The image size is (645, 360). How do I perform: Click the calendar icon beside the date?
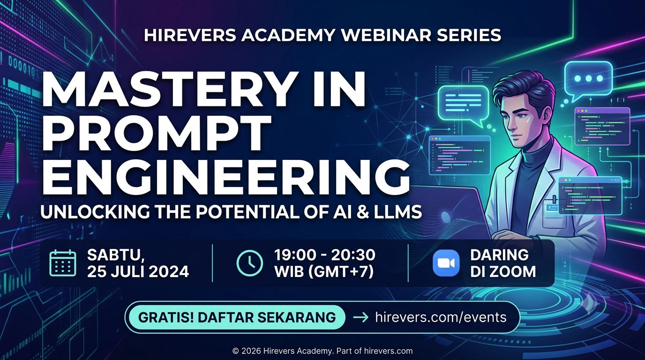click(63, 263)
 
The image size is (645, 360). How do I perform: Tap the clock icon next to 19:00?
click(250, 263)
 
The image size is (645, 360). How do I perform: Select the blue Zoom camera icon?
click(446, 263)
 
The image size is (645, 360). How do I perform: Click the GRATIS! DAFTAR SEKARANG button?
click(237, 317)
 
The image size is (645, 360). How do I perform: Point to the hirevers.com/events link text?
click(441, 317)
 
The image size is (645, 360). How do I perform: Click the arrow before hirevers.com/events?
click(361, 317)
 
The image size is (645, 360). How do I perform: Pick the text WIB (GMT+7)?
click(324, 271)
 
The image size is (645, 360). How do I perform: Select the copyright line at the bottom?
click(322, 351)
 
